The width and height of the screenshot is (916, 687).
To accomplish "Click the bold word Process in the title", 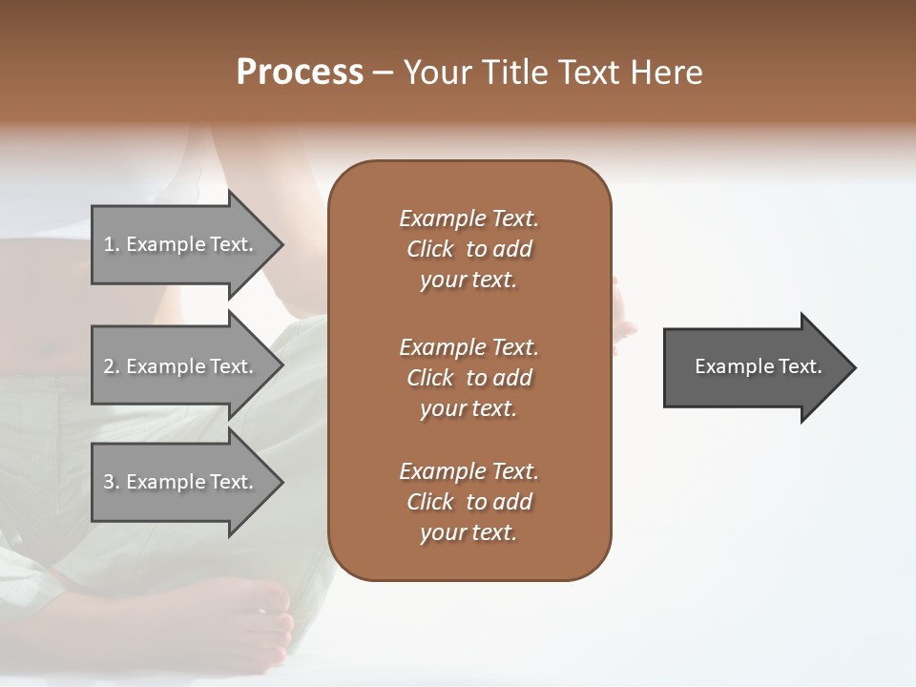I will [300, 73].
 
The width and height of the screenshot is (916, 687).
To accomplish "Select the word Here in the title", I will [667, 73].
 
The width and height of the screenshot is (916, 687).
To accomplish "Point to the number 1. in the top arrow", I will [112, 244].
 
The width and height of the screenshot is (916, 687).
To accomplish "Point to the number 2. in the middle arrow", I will [112, 366].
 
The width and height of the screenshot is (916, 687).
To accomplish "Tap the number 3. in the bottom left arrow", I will [112, 482].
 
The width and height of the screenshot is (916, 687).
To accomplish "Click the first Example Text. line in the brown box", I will [468, 219].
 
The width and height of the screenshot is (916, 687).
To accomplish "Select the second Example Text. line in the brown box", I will [468, 347].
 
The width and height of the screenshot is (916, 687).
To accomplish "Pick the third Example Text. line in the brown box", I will [468, 471].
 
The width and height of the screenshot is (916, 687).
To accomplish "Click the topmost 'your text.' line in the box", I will [468, 281].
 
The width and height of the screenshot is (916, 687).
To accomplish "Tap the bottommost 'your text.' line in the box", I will [468, 533].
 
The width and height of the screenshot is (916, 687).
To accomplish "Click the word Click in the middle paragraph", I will [429, 378].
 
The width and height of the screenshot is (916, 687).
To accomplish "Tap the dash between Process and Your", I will [383, 73].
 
